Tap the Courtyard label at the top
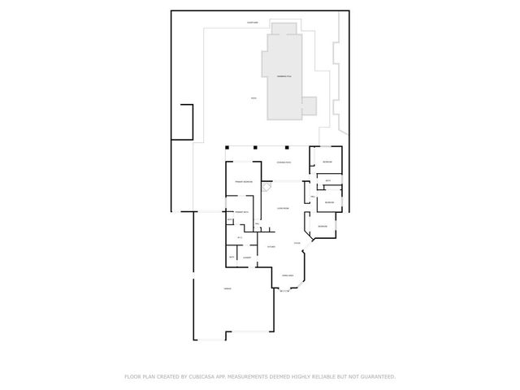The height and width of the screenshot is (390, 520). pyautogui.click(x=253, y=23)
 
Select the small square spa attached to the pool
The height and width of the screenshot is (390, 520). pyautogui.click(x=308, y=106)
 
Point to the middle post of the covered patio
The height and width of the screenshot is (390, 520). pyautogui.click(x=256, y=148)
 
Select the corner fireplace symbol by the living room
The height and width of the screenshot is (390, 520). pyautogui.click(x=266, y=188)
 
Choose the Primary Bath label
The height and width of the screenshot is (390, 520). pyautogui.click(x=241, y=212)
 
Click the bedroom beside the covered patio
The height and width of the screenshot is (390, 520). pyautogui.click(x=327, y=162)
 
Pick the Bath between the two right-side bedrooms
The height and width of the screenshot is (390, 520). pyautogui.click(x=327, y=180)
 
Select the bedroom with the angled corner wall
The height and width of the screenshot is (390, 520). pyautogui.click(x=322, y=225)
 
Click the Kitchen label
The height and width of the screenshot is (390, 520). pyautogui.click(x=271, y=246)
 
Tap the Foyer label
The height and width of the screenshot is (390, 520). pyautogui.click(x=297, y=242)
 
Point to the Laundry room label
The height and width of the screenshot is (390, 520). pyautogui.click(x=246, y=257)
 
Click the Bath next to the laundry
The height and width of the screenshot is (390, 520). pyautogui.click(x=232, y=257)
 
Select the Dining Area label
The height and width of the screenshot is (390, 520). pyautogui.click(x=288, y=276)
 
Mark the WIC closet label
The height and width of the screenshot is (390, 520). pyautogui.click(x=240, y=237)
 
